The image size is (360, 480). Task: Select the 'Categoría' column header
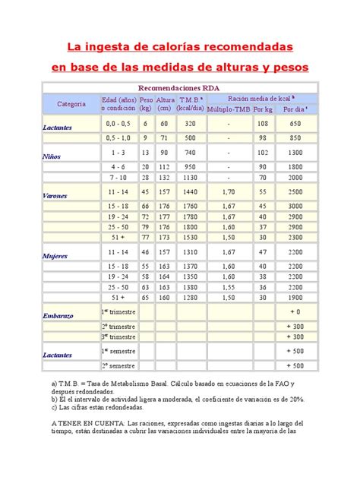71,103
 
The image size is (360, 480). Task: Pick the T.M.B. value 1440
190,193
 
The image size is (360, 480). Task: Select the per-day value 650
294,123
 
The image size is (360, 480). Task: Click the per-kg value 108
262,123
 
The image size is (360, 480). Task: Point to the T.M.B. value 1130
190,178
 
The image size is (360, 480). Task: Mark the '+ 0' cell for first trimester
294,312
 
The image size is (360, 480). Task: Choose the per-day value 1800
294,166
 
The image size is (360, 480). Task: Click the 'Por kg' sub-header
263,109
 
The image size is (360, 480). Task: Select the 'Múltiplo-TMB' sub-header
228,109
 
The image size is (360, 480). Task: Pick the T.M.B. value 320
190,123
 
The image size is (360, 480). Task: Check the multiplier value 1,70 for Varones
228,193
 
